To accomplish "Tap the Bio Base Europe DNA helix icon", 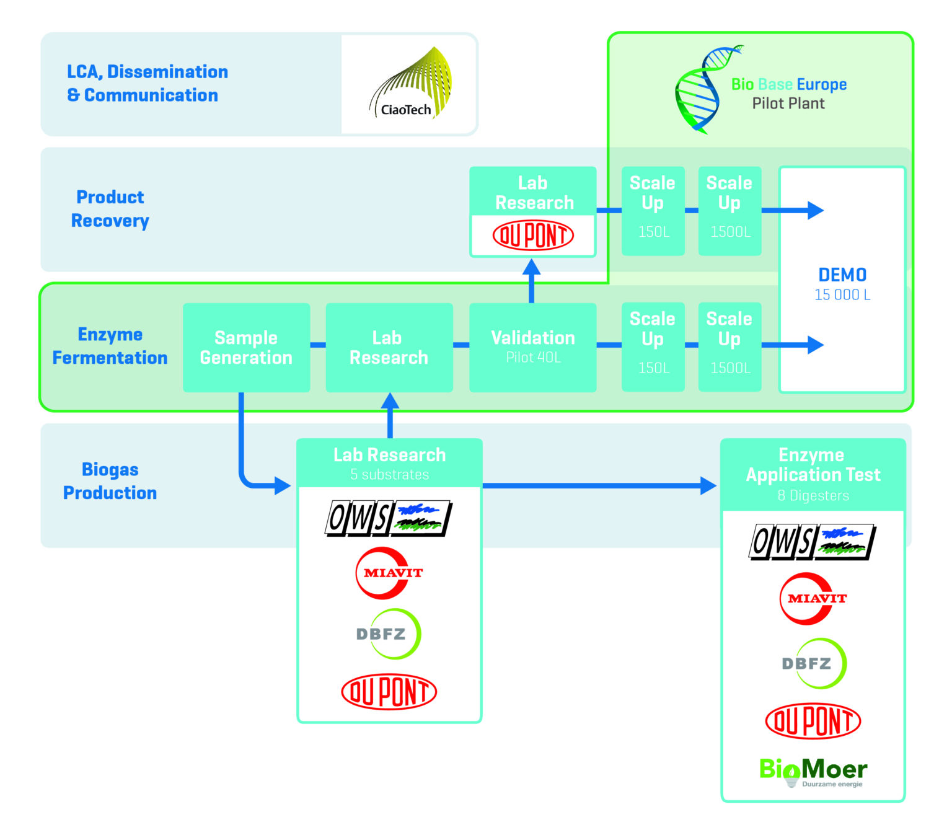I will (703, 91).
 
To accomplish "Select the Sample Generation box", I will (246, 347).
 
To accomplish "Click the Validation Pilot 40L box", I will (532, 347).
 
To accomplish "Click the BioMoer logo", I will (813, 771).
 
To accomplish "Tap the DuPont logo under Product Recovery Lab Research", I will (532, 236).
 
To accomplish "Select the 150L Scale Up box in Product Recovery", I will (653, 211).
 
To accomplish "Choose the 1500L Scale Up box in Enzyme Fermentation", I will (729, 347).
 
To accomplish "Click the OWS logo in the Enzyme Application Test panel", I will (812, 542).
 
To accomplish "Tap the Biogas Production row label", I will (110, 481).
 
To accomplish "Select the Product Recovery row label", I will (110, 209).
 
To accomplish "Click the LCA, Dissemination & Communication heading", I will (147, 84).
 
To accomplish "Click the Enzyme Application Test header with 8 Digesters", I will (813, 475).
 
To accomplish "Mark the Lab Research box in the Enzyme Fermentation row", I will (389, 347).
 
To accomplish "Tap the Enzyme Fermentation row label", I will (110, 346).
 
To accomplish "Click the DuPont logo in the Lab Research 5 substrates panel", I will (389, 691).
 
